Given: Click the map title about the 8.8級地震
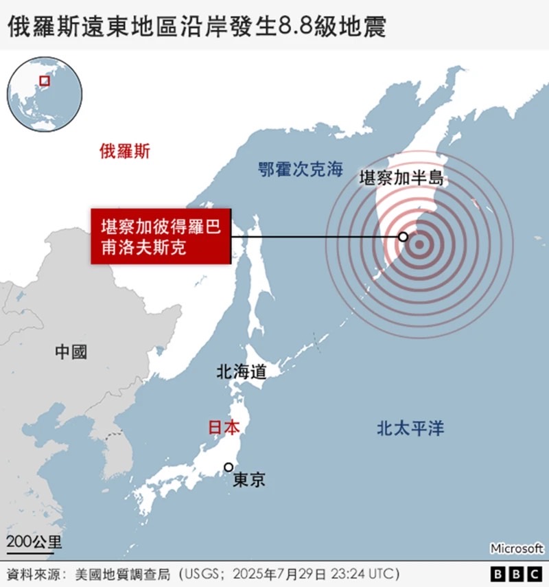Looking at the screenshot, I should pos(196,26).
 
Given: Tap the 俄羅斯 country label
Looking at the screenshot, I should pos(124,151).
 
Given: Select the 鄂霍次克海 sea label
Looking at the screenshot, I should pos(300,169).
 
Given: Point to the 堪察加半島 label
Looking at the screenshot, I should pos(403,179).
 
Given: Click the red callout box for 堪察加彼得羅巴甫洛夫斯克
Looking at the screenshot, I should pos(161,237).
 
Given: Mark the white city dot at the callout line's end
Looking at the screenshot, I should pos(403,237).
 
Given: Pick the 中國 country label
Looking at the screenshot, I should pos(71,352).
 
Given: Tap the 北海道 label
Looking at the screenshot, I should pos(241,372).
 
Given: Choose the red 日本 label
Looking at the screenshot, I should pos(224,427).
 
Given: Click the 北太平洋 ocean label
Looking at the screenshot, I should pos(410,429).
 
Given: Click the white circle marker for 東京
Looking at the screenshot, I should pos(229,467).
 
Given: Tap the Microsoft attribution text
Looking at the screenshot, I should pos(517,549).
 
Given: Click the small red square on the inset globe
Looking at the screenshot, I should pos(45,82).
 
